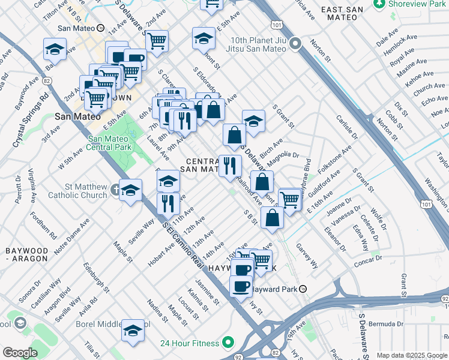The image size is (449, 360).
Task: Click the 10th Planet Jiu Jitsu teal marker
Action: click(x=295, y=44)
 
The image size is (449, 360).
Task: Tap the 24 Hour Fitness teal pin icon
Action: click(x=228, y=343)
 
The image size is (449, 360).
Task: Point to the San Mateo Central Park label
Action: click(x=109, y=142)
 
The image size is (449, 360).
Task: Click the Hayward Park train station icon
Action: click(x=304, y=289)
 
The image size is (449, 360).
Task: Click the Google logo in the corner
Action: click(x=20, y=352)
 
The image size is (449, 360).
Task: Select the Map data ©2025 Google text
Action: click(x=411, y=355)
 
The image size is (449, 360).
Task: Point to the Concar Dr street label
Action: click(x=372, y=262)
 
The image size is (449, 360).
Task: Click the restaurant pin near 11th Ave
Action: click(x=168, y=203)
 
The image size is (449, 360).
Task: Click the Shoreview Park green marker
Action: click(x=379, y=4)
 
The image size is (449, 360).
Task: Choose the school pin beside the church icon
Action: click(x=130, y=191)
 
